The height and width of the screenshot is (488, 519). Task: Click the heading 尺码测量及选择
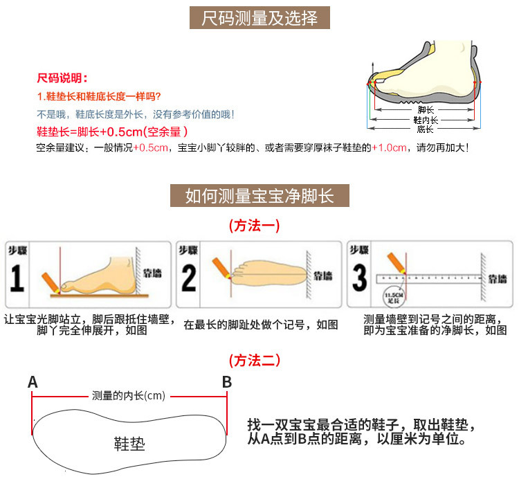pyautogui.click(x=259, y=18)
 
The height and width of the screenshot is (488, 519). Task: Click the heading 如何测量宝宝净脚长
pyautogui.click(x=259, y=196)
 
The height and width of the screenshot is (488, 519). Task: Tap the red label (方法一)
pyautogui.click(x=254, y=226)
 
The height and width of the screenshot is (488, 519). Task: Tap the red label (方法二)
pyautogui.click(x=254, y=360)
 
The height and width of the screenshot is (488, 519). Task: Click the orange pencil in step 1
pyautogui.click(x=51, y=281)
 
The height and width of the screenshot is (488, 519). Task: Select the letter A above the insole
pyautogui.click(x=33, y=382)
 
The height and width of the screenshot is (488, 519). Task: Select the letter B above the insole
pyautogui.click(x=226, y=382)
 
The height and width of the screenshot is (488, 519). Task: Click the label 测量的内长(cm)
pyautogui.click(x=129, y=396)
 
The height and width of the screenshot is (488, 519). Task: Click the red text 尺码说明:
pyautogui.click(x=62, y=78)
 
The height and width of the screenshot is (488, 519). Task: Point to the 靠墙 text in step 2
pyautogui.click(x=323, y=275)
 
